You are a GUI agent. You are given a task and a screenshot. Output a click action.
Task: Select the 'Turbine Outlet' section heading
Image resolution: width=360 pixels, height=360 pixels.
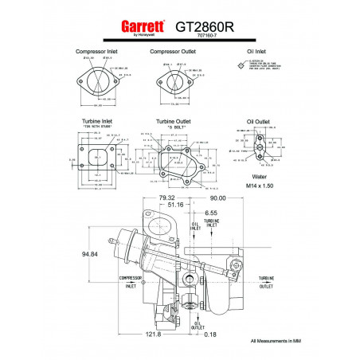[x=177, y=120]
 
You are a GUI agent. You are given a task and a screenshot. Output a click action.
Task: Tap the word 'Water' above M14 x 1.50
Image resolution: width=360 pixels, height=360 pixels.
[x=259, y=177]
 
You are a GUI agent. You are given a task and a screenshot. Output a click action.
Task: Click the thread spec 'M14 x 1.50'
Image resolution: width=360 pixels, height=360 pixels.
[x=259, y=186]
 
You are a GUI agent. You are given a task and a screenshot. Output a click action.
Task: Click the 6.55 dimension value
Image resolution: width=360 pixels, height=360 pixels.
[x=210, y=213]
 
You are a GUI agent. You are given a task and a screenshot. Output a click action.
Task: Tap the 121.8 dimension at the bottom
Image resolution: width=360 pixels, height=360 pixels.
[x=153, y=335]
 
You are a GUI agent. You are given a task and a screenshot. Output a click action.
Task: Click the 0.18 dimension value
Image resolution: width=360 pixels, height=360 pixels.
[x=210, y=335]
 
